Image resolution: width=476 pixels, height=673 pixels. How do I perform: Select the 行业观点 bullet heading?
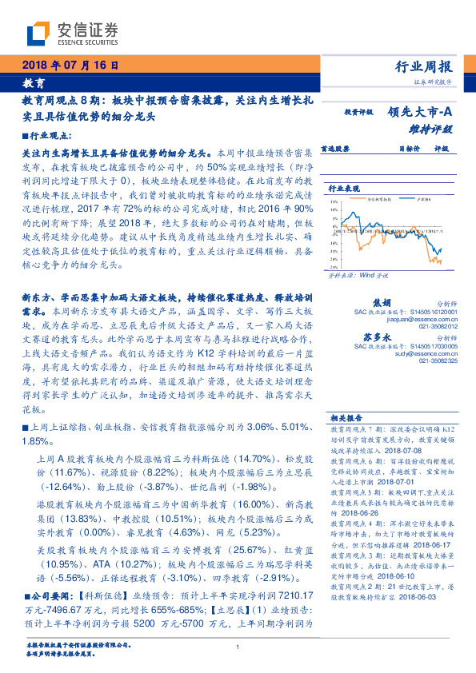coord(46,137)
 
